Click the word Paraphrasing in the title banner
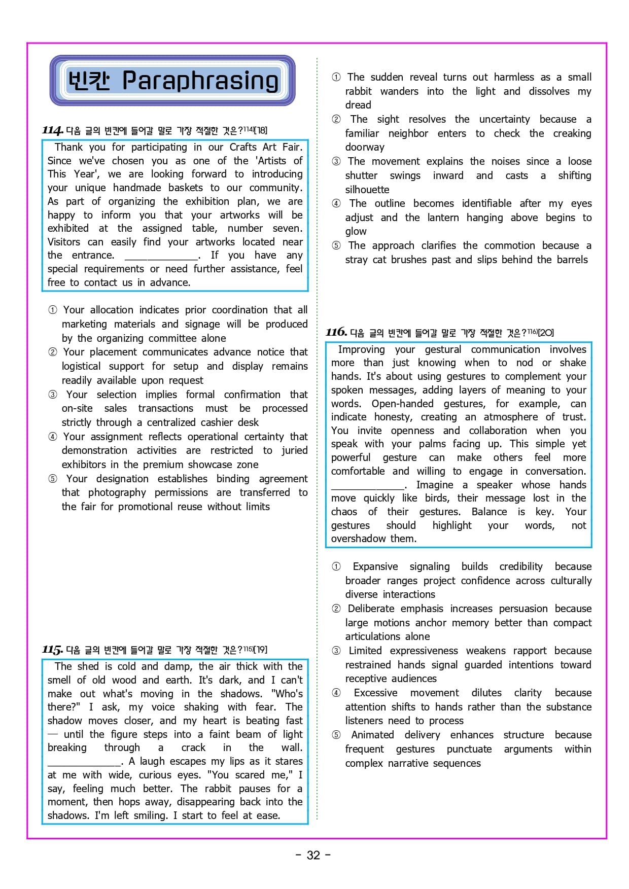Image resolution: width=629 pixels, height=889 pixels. pos(200,81)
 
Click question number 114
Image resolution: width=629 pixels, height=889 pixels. pos(53,131)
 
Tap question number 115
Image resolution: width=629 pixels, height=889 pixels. pos(53,650)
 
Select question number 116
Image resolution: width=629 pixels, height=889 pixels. pos(336,333)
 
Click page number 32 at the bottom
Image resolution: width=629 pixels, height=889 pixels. pos(313,856)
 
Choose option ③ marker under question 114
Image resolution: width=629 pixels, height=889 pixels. pos(53,395)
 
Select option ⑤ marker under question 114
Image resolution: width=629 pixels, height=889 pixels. pos(53,479)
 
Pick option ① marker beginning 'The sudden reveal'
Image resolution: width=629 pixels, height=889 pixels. pos(336,77)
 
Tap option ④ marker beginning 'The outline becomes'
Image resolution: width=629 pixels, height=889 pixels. pos(336,203)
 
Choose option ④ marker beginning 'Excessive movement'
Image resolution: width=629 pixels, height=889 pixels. pos(336,693)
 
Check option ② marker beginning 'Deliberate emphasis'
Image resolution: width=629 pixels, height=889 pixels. pos(336,609)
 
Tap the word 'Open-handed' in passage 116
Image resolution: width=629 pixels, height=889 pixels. pos(402,404)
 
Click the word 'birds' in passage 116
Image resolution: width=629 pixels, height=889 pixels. pos(437,498)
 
